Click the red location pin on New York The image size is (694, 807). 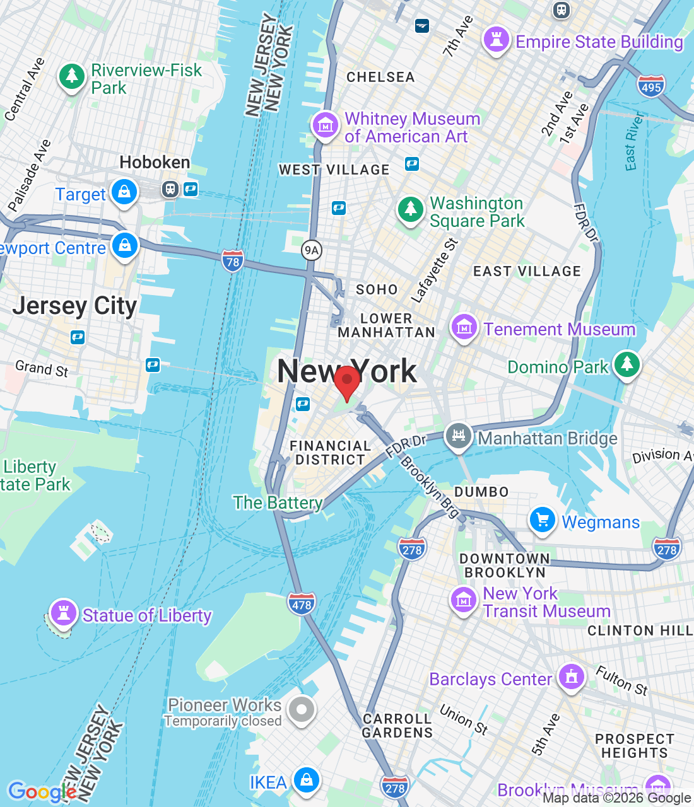pyautogui.click(x=346, y=381)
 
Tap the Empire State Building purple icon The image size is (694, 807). pyautogui.click(x=496, y=40)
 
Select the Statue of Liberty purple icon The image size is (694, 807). pyautogui.click(x=63, y=612)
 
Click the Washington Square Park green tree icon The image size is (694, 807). pyautogui.click(x=411, y=209)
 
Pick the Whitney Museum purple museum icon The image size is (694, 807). pyautogui.click(x=326, y=124)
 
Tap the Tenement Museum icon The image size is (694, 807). pyautogui.click(x=464, y=327)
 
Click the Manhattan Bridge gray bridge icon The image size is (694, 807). pyautogui.click(x=459, y=436)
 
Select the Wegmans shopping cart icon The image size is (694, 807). pyautogui.click(x=542, y=520)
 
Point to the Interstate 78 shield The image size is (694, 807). pyautogui.click(x=233, y=262)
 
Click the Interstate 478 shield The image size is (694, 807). pyautogui.click(x=302, y=605)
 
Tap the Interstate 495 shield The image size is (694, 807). pyautogui.click(x=650, y=87)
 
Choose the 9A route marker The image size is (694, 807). pyautogui.click(x=312, y=250)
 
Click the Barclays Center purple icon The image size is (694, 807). pyautogui.click(x=571, y=677)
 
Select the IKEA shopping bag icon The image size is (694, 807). pyautogui.click(x=306, y=780)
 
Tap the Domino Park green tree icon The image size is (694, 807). pyautogui.click(x=626, y=364)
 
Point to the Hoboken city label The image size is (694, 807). pyautogui.click(x=155, y=163)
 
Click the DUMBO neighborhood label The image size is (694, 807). pyautogui.click(x=481, y=492)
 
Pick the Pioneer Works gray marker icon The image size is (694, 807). pyautogui.click(x=302, y=710)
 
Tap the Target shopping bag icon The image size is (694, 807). pyautogui.click(x=124, y=192)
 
